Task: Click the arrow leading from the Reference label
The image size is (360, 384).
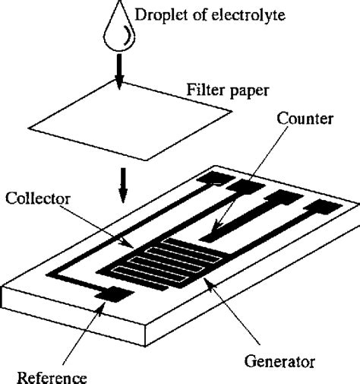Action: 79,335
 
